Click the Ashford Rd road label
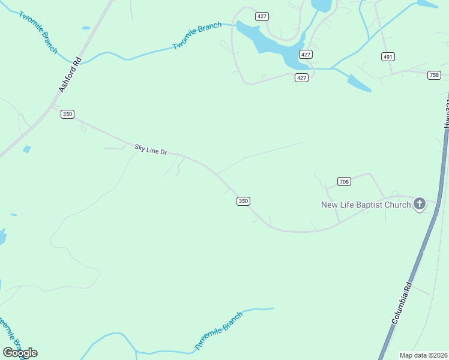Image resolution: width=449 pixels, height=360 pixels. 70,74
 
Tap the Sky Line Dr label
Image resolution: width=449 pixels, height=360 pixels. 149,149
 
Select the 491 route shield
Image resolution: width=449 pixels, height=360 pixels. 388,56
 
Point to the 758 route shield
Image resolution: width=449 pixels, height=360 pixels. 434,75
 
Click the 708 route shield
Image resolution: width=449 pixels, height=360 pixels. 344,181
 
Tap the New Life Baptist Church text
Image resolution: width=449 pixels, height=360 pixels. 366,205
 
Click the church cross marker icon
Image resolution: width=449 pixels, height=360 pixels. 420,205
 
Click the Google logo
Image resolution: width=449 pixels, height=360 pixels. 20,352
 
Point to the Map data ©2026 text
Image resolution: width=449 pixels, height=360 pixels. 423,355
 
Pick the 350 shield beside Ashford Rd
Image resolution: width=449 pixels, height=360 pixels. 67,114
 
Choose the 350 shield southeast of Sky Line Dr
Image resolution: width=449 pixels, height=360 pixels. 243,201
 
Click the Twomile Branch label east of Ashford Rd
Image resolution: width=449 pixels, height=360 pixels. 197,36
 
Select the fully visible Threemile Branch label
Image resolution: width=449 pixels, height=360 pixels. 218,331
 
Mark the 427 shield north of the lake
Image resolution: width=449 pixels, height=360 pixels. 262,16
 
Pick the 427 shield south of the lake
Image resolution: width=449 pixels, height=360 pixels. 301,77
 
